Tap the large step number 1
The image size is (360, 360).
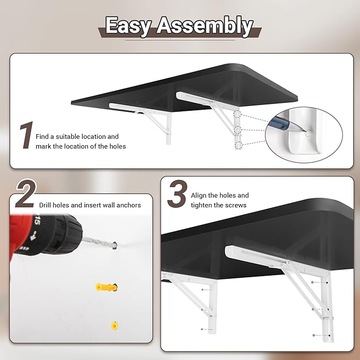27,135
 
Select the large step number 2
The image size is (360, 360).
26,194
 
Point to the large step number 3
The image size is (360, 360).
177,194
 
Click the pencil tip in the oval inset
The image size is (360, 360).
305,131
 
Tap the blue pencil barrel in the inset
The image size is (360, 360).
281,122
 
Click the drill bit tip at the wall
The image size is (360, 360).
115,245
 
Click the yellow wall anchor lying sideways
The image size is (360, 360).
107,287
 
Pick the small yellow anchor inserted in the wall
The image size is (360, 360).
115,326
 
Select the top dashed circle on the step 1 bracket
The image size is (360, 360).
238,114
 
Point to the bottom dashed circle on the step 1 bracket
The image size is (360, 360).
239,145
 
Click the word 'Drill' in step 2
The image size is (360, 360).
45,205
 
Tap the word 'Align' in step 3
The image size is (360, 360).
198,196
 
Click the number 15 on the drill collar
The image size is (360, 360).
37,220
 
